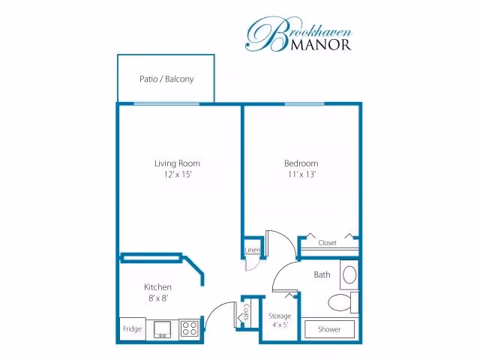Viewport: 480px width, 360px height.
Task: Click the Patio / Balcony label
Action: click(166, 79)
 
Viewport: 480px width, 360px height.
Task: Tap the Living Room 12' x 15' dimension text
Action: click(178, 175)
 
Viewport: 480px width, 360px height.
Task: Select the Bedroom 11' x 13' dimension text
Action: click(301, 175)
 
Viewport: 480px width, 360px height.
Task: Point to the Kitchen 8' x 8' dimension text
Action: click(158, 298)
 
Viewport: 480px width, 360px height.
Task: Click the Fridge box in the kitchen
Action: click(132, 328)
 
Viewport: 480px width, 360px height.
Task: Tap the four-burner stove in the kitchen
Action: click(189, 328)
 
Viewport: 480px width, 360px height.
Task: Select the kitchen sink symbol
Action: click(162, 329)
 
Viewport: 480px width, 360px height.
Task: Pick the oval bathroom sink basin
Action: click(349, 274)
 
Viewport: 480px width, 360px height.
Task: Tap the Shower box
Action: click(329, 329)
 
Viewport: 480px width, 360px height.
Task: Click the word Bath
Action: click(322, 274)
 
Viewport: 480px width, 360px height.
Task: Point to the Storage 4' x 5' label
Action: click(280, 320)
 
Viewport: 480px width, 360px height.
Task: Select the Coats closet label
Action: click(247, 313)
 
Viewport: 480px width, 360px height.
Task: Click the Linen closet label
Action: click(253, 250)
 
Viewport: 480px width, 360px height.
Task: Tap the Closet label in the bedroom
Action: click(327, 243)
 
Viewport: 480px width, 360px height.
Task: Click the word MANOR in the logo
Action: click(320, 45)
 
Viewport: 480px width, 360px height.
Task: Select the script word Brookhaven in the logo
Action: click(298, 34)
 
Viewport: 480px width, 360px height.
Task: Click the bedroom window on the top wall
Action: click(304, 104)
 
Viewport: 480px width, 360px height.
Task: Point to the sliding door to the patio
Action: click(166, 104)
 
